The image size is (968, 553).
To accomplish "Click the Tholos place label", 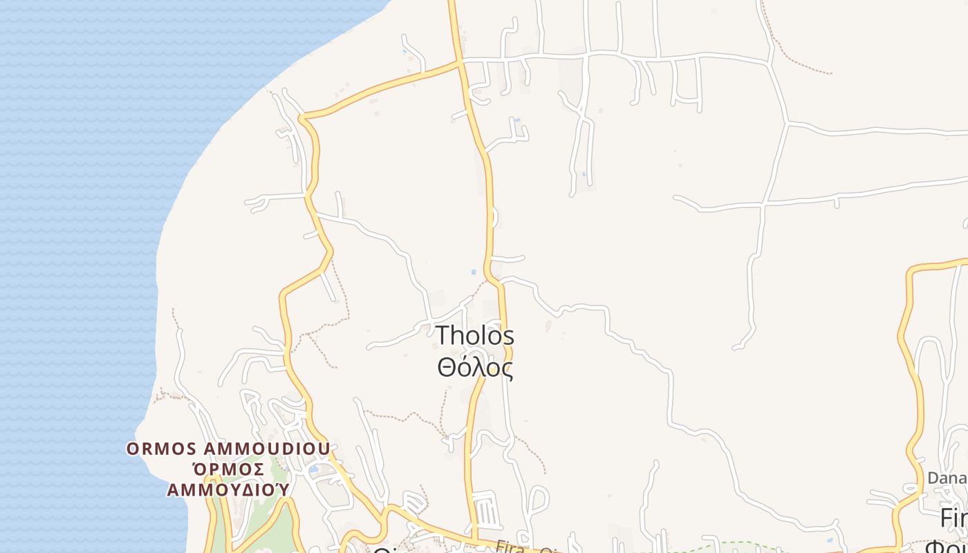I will coord(475,336).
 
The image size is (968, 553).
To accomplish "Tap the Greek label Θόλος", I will coord(475,367).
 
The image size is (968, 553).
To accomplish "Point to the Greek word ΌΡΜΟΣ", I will coord(228,469).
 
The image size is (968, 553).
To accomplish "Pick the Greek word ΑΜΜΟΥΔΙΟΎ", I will coord(228,489).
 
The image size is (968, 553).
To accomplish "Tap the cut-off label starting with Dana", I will coord(947,478).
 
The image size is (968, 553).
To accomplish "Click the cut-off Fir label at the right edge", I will coord(953,517).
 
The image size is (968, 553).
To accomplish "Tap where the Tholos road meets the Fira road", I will coord(475,540).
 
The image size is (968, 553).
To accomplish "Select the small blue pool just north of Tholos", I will coord(474,272).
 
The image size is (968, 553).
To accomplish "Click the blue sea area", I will coord(83,207).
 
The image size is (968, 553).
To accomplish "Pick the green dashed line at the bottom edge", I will coord(726,545).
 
